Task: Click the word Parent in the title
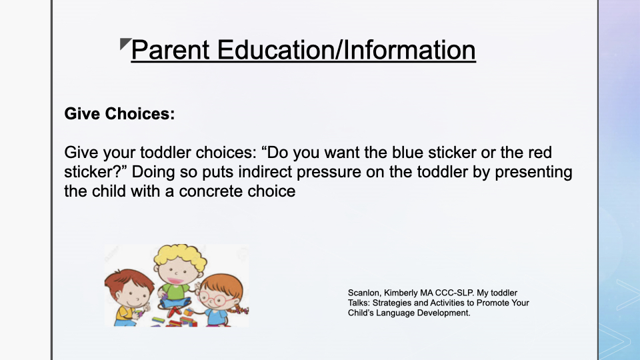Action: [x=171, y=50]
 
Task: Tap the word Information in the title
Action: [x=409, y=50]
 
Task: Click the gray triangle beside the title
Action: [x=125, y=43]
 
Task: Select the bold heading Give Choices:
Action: [x=119, y=113]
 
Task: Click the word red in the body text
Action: [x=540, y=153]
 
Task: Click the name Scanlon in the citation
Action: [x=364, y=293]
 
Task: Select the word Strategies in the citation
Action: [x=392, y=303]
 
